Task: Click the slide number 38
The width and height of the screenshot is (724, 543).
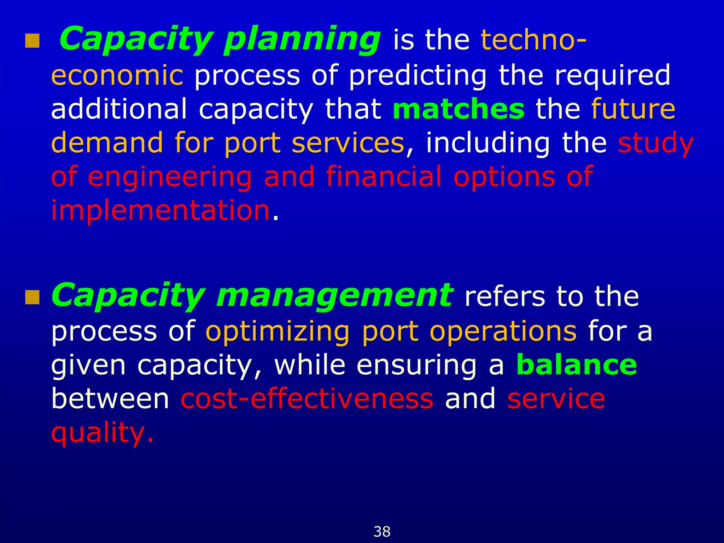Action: point(382,532)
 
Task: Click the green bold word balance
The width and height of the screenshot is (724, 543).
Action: point(577,365)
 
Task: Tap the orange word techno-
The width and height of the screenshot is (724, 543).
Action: point(534,40)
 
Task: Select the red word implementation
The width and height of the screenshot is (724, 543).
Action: point(161,211)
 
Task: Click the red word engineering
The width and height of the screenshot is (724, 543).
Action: point(170,177)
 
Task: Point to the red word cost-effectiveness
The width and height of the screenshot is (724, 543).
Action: point(307,399)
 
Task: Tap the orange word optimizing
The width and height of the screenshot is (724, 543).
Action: point(278,332)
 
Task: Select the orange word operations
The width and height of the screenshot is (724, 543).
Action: point(503,332)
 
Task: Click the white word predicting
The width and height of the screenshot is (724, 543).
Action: point(418,76)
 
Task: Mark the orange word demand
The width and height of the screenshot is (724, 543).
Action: point(107,143)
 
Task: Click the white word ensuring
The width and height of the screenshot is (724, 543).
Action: point(417,365)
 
